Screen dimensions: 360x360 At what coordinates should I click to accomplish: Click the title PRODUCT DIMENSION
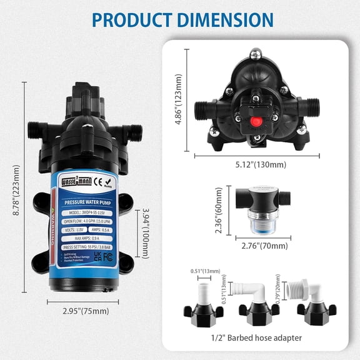180,19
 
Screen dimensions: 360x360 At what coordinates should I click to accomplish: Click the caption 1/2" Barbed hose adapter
257,337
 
